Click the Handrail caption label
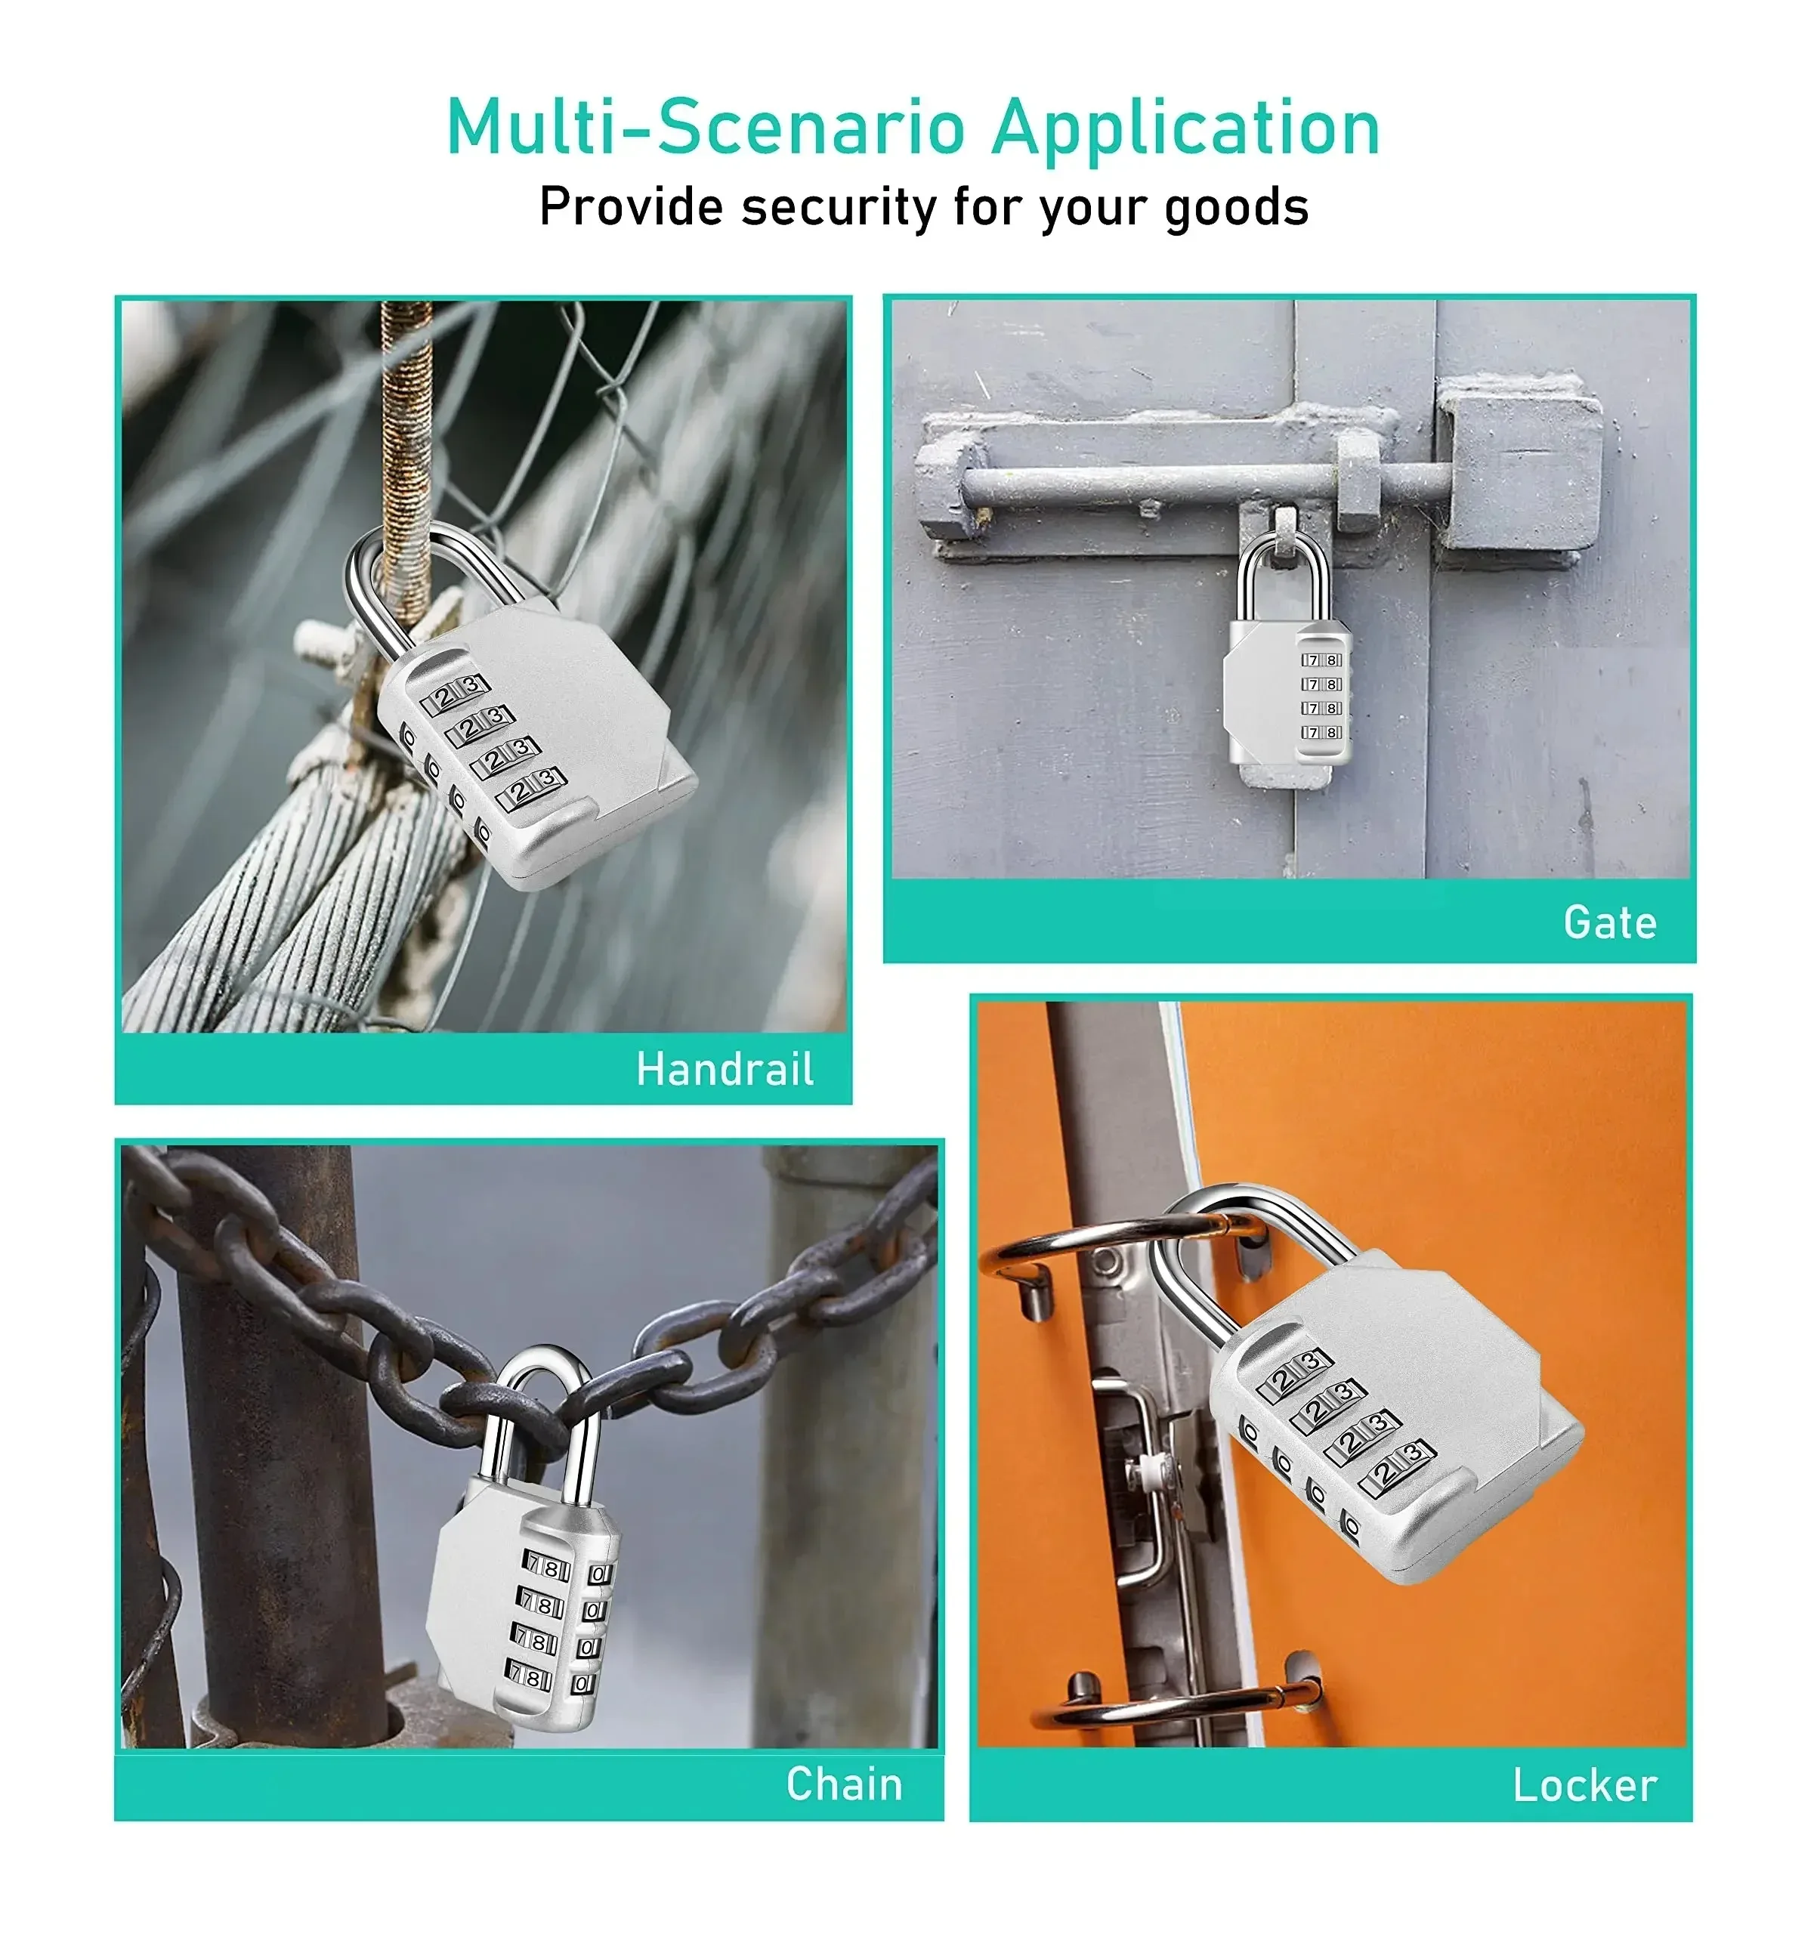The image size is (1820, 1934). (x=725, y=1069)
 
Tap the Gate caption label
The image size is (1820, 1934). (x=1610, y=922)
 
